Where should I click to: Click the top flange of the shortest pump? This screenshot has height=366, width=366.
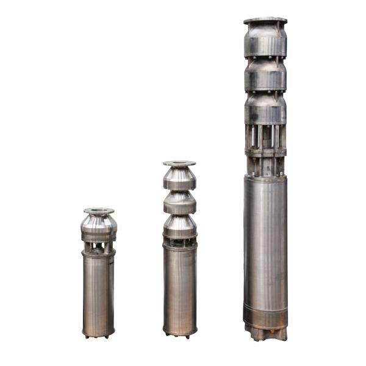[99, 211]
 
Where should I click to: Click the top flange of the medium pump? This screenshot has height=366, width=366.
[179, 163]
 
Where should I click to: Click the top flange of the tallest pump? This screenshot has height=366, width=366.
[265, 21]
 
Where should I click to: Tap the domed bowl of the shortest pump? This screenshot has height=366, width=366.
[99, 228]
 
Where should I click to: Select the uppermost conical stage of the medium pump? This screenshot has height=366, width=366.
[179, 178]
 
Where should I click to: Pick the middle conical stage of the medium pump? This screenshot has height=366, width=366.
[179, 203]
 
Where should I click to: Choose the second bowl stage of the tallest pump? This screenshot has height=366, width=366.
[265, 74]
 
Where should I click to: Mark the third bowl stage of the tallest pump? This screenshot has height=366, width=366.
[265, 109]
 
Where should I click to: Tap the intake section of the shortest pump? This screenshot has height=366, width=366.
[99, 246]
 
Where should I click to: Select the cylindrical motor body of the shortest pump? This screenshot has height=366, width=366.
[99, 290]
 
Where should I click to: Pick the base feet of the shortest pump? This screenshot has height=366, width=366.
[99, 335]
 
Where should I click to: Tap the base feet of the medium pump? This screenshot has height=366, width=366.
[179, 334]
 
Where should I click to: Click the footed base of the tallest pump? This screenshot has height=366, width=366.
[265, 333]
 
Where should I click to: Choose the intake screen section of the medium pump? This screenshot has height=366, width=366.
[179, 243]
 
